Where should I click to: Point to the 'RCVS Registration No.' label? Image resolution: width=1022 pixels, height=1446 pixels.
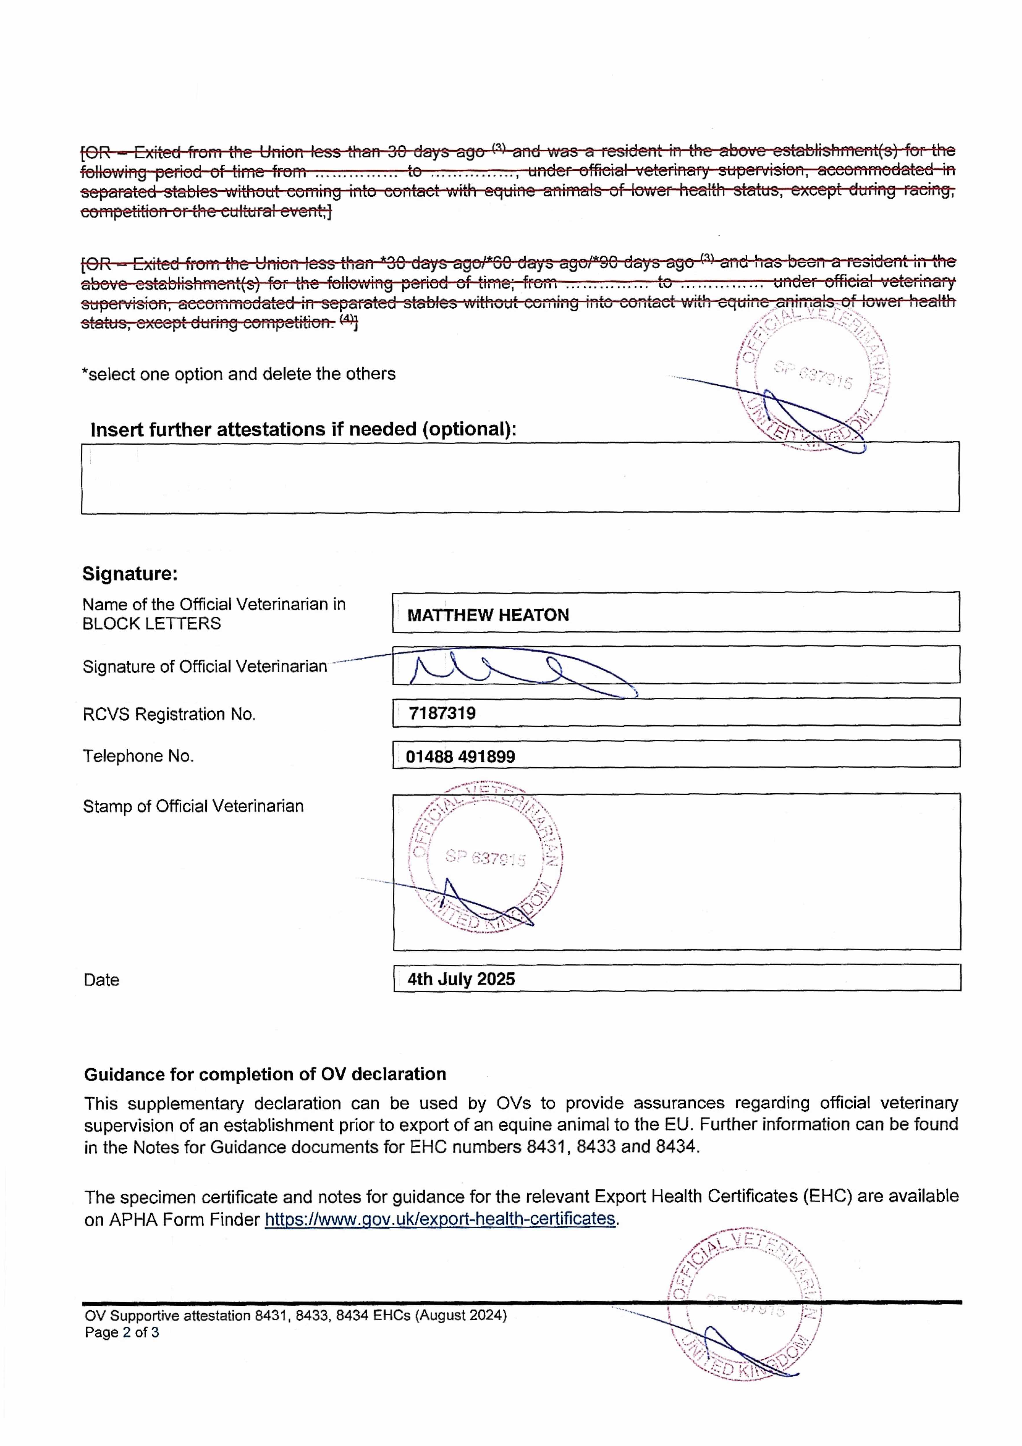click(169, 714)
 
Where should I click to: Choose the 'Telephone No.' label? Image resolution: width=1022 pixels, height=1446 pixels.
click(138, 756)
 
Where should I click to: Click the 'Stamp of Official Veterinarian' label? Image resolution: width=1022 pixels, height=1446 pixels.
click(193, 806)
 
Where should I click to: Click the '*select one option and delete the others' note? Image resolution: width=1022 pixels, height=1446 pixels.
click(238, 374)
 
